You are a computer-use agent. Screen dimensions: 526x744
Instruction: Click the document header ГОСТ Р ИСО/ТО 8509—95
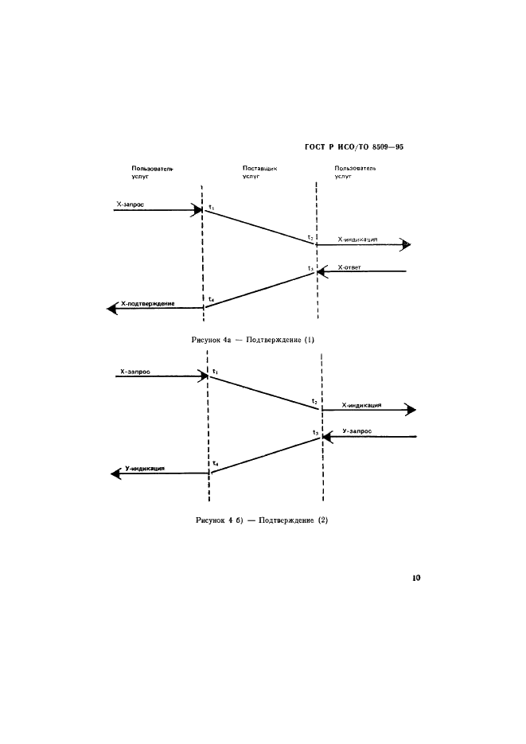(354, 147)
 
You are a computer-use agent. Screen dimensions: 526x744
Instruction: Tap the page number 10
(416, 578)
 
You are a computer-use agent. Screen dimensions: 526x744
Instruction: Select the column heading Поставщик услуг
(259, 172)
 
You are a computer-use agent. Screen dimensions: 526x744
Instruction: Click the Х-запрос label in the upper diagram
(130, 205)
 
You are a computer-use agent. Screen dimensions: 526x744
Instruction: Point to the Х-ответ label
(349, 267)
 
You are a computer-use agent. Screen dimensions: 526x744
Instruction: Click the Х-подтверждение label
(148, 304)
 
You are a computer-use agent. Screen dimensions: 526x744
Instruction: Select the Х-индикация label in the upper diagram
(357, 240)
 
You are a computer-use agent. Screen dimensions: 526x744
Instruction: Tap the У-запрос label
(357, 431)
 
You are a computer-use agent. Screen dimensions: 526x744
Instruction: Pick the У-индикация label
(145, 469)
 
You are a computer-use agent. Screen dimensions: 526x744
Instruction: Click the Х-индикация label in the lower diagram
(361, 406)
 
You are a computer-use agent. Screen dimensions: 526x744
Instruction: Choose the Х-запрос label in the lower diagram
(135, 372)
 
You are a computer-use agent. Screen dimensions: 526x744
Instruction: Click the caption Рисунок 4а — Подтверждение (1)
(253, 340)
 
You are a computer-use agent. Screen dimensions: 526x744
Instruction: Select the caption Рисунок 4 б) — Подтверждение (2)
(262, 520)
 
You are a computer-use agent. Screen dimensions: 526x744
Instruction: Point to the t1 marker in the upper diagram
(212, 208)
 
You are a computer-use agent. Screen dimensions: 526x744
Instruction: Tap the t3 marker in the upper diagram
(310, 269)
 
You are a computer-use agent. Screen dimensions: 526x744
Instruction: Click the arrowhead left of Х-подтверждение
(112, 309)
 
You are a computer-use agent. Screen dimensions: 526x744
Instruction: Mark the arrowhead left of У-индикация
(115, 473)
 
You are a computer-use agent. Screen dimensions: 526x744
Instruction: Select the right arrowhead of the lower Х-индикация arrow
(411, 410)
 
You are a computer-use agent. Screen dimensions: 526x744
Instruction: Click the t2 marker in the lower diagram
(314, 402)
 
